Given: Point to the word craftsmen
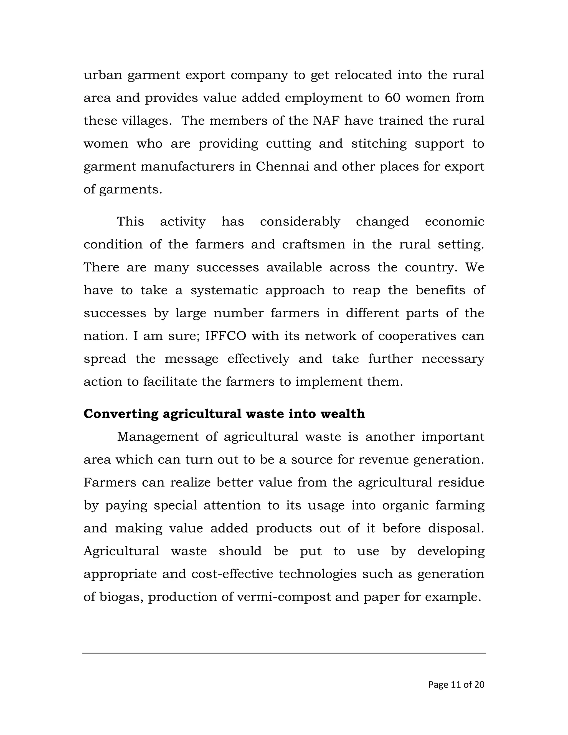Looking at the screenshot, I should [314, 244].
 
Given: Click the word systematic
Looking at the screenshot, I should [224, 290].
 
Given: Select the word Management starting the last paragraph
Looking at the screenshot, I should [158, 437].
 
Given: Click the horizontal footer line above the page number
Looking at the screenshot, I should [284, 653].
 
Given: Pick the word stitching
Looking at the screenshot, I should [379, 144].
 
